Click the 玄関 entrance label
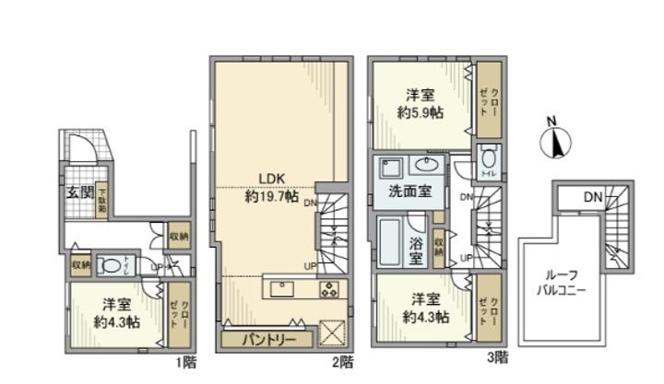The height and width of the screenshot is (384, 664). point(78,192)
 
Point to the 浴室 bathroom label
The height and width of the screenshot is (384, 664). point(417,246)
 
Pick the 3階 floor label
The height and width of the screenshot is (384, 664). point(497,355)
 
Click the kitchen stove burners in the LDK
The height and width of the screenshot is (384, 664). point(330,288)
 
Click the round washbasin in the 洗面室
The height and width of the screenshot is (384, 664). point(427,166)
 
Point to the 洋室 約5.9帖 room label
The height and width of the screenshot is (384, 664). point(421,103)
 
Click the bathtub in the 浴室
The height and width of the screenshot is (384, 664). point(389,244)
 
